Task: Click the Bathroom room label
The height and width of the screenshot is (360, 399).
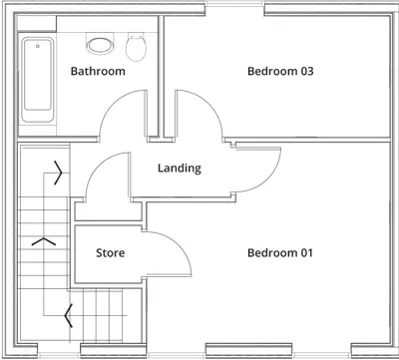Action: [98, 72]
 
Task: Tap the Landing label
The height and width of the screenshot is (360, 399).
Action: [180, 169]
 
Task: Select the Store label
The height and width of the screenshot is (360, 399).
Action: [110, 253]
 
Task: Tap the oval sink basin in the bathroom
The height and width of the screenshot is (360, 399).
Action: [100, 44]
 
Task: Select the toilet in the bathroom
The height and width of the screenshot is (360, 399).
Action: [138, 45]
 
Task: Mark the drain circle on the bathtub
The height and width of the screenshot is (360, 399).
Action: [39, 46]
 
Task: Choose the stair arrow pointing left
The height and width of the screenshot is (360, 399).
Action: [68, 316]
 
